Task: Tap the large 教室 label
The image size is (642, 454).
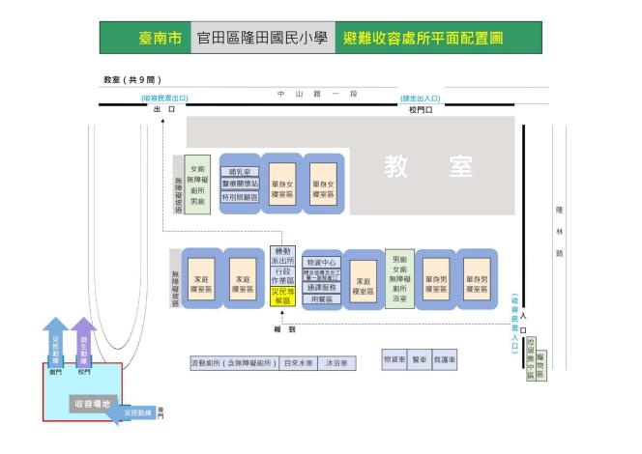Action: (x=427, y=167)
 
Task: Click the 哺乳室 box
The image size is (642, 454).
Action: (x=240, y=172)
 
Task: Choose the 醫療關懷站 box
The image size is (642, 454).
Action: (x=240, y=184)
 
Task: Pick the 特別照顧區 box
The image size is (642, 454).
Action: (x=240, y=196)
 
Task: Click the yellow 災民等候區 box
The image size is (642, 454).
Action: (x=283, y=294)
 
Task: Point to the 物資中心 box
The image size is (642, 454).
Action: (x=320, y=262)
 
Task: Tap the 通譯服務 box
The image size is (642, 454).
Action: (x=320, y=288)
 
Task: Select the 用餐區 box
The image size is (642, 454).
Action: (x=320, y=300)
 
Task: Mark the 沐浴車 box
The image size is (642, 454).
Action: (x=337, y=363)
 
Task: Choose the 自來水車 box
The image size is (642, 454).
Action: (x=296, y=363)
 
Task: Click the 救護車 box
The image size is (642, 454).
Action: (x=445, y=359)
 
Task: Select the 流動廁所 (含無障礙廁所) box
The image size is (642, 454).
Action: (x=233, y=363)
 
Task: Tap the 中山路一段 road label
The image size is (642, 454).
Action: (x=304, y=94)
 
